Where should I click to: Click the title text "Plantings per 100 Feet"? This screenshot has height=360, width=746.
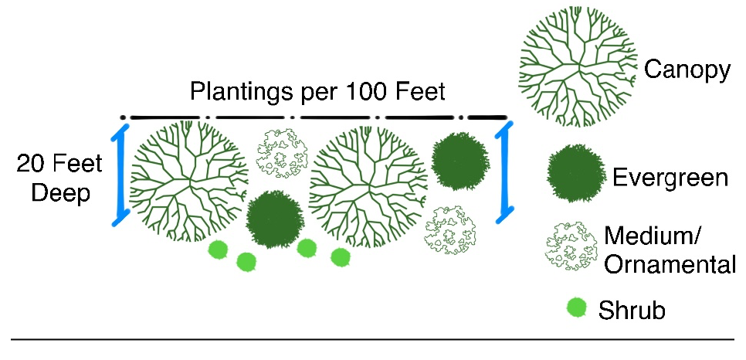pos(318,93)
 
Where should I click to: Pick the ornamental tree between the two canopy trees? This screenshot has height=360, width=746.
pos(282,151)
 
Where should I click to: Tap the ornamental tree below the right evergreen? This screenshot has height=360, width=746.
pos(451,229)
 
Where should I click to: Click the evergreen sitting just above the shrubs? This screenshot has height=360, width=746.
pos(275,219)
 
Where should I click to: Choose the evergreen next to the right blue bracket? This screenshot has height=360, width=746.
pos(460,161)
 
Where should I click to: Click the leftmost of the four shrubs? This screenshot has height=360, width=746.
pos(219,250)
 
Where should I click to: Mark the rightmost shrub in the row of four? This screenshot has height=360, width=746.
pos(341,256)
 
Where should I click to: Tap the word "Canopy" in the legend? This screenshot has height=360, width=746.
pos(687,70)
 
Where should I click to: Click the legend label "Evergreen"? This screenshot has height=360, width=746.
pos(670,178)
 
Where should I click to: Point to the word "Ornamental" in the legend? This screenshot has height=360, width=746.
pos(670,265)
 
